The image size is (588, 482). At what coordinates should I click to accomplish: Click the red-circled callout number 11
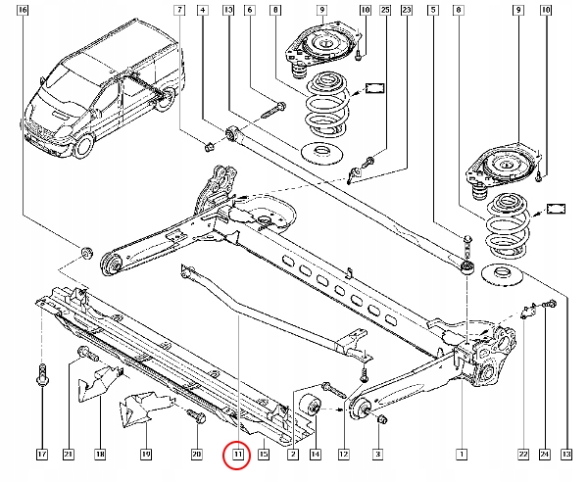236,455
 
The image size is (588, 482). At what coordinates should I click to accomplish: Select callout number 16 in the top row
24,10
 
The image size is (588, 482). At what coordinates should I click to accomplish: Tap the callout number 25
384,10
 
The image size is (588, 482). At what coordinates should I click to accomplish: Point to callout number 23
407,10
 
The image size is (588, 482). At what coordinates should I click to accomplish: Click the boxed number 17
42,455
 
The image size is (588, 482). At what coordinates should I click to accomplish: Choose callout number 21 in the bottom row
70,455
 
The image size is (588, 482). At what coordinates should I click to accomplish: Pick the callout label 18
100,455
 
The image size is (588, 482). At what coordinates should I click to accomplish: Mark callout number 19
145,455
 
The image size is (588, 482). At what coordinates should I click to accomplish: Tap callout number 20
196,455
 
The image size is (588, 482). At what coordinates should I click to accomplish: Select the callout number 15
263,455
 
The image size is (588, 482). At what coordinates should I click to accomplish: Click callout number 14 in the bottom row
315,455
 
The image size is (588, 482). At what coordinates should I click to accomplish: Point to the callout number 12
344,455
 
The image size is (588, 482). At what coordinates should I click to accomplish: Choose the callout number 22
523,455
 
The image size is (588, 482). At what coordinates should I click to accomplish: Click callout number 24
545,455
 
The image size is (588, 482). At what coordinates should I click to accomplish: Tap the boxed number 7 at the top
179,10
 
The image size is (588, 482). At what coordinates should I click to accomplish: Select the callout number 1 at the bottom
462,455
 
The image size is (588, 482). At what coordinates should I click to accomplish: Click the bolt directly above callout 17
42,373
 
